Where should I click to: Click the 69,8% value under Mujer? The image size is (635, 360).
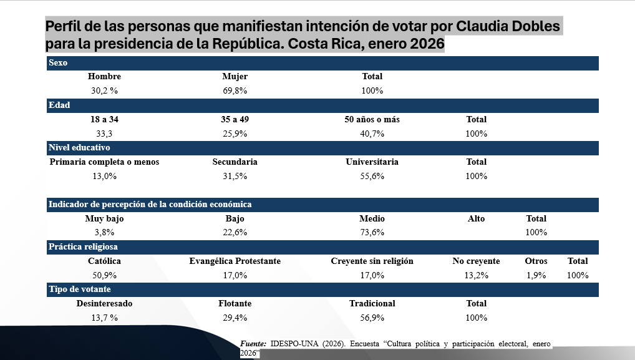[x=235, y=90]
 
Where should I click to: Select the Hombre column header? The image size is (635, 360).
[x=104, y=77]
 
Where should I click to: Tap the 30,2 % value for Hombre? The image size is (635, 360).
[x=104, y=90]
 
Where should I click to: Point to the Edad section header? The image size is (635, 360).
[x=59, y=105]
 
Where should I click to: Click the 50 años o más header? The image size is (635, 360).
[x=372, y=119]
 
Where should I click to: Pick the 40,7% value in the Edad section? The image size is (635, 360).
[x=372, y=134]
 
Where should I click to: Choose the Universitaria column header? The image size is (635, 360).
[x=372, y=162]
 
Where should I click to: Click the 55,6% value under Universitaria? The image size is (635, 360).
[x=372, y=176]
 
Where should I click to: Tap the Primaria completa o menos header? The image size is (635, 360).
[x=104, y=162]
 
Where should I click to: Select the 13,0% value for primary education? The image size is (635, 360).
[x=104, y=176]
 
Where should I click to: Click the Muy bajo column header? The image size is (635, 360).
[x=104, y=218]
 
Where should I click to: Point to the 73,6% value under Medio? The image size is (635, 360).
[x=372, y=233]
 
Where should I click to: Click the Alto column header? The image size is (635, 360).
[x=476, y=218]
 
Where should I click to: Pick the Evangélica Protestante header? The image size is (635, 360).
[x=235, y=261]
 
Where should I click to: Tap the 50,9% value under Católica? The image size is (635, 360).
[x=104, y=275]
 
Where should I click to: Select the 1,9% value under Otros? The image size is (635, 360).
[x=536, y=275]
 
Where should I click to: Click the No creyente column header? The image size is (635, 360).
[x=476, y=261]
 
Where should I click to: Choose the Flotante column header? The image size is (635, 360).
[x=235, y=303]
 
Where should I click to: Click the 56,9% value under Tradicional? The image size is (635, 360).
[x=372, y=318]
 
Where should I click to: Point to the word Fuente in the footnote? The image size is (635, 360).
[x=253, y=344]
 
